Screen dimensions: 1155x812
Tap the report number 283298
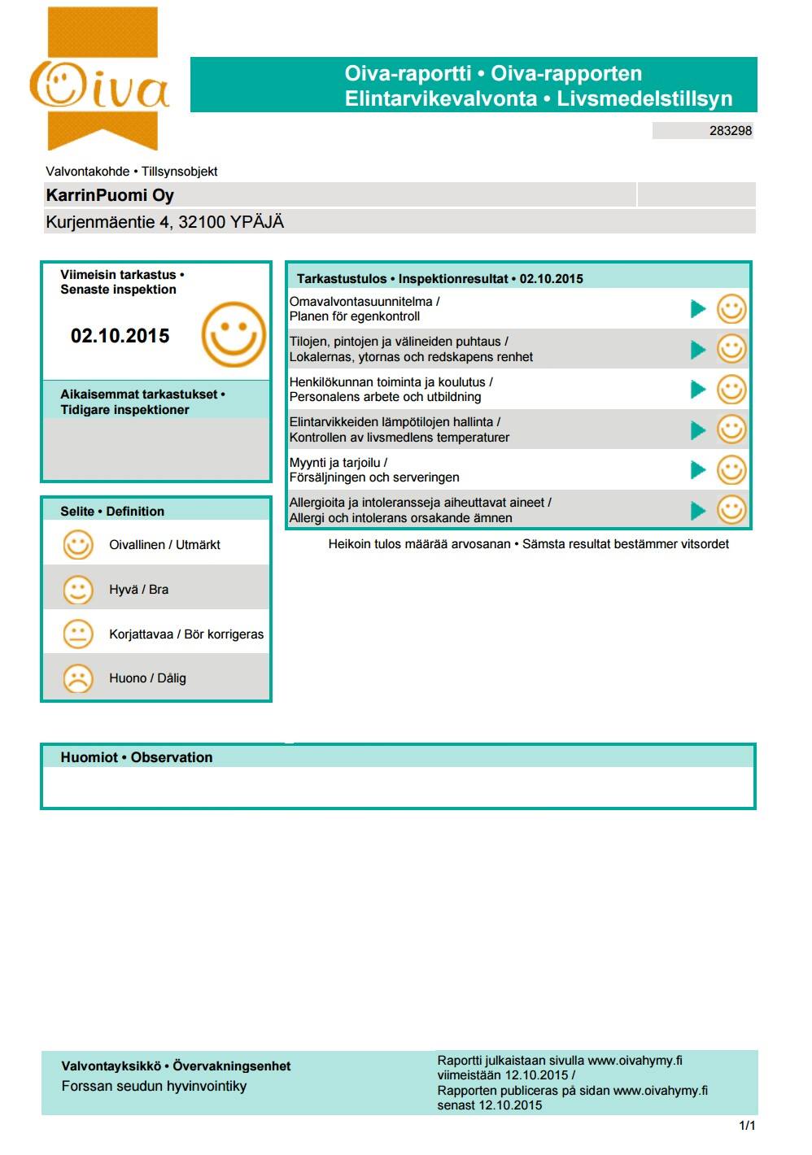(x=730, y=130)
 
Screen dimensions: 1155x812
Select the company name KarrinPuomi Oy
(x=110, y=195)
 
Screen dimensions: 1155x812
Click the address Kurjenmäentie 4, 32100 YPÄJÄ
(x=164, y=222)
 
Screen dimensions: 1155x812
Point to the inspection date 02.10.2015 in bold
(x=120, y=336)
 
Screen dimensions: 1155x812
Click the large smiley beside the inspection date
(x=234, y=334)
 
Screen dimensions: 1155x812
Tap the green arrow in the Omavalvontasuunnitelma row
(x=697, y=309)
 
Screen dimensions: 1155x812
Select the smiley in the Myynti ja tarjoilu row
(x=731, y=470)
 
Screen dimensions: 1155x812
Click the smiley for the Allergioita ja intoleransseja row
(x=731, y=510)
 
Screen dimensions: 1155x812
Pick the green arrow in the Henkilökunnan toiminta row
(x=697, y=390)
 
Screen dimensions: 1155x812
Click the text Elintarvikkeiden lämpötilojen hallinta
(x=395, y=422)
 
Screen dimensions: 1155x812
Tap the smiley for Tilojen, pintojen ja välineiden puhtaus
(x=731, y=349)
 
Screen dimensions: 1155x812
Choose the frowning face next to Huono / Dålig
(x=78, y=678)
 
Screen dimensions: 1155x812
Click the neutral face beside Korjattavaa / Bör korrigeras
(x=78, y=634)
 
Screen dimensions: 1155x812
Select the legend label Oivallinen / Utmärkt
(x=164, y=545)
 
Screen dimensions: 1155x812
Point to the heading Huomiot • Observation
(x=137, y=757)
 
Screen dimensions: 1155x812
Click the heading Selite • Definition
(x=112, y=512)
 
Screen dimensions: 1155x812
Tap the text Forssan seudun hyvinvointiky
(x=154, y=1086)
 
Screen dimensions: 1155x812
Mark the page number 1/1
(x=747, y=1126)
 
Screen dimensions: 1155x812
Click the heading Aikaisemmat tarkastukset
(x=142, y=394)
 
